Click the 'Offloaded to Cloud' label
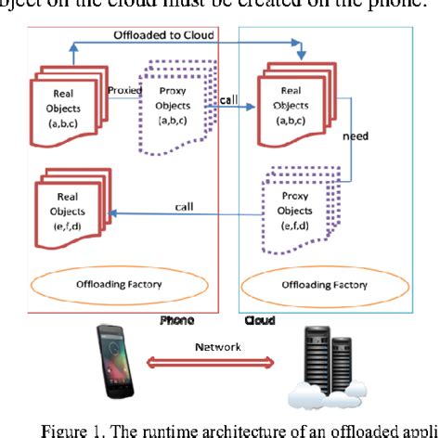(x=165, y=34)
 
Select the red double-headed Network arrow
(x=219, y=360)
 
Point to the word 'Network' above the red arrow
(x=219, y=345)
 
